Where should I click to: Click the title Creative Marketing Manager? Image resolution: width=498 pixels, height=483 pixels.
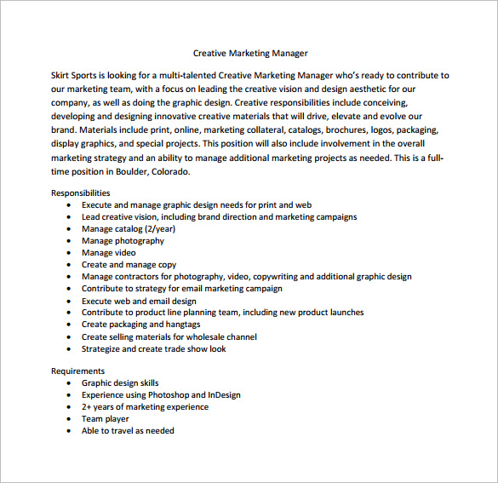tap(250, 53)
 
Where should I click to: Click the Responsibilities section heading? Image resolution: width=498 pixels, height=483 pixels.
tap(81, 193)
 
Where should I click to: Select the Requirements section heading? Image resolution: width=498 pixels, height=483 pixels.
tap(78, 371)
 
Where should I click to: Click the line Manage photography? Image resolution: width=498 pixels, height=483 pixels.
tap(123, 241)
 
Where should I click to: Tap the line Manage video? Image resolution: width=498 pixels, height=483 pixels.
tap(108, 253)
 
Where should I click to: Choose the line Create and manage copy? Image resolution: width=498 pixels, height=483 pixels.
tap(129, 265)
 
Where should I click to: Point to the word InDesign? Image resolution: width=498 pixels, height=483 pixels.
tap(225, 395)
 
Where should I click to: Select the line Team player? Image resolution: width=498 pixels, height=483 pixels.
tap(106, 419)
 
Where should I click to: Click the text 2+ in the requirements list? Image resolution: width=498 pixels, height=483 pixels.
tap(87, 407)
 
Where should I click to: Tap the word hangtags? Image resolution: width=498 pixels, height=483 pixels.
tap(182, 325)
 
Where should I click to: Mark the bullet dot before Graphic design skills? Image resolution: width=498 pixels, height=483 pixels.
tap(69, 383)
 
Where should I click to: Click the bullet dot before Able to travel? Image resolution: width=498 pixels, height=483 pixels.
tap(69, 431)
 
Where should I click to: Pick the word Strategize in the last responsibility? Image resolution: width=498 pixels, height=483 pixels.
tap(100, 348)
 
